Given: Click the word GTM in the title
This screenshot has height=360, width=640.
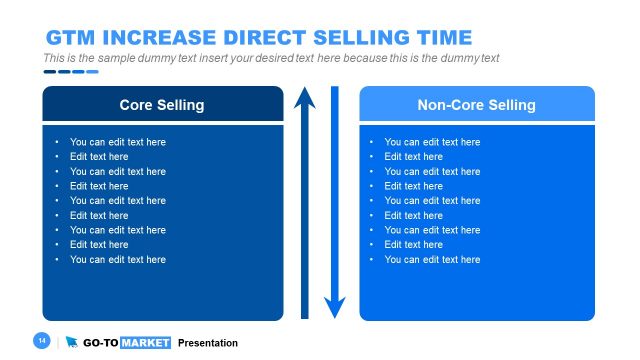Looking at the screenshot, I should (x=68, y=38).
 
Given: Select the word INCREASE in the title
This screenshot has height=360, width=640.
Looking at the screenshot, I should (x=151, y=38).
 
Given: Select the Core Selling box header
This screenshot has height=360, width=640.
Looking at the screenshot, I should (x=162, y=104).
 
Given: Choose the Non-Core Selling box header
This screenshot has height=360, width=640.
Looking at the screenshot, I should (x=476, y=104).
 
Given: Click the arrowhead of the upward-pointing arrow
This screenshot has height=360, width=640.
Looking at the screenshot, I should (x=304, y=98).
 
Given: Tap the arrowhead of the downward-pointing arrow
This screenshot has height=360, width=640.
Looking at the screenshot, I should (x=335, y=307).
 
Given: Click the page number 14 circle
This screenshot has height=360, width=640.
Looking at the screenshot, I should (x=42, y=342).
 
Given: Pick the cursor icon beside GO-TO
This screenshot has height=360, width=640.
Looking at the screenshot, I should (x=72, y=343).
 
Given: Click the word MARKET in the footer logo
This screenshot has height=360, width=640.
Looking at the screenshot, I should (x=145, y=343).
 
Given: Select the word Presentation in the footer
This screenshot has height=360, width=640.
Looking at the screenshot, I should (x=208, y=343).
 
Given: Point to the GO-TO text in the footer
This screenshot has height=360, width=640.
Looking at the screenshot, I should (x=100, y=343).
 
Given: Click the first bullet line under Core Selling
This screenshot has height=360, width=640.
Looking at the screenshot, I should (x=117, y=142).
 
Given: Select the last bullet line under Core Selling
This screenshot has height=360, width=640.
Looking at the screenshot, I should (x=117, y=259).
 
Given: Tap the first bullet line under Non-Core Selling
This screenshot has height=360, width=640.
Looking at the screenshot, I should (x=432, y=142).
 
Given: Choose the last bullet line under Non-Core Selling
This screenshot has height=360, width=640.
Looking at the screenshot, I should (x=432, y=259).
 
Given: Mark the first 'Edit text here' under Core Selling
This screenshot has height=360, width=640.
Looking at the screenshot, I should (x=99, y=156).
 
